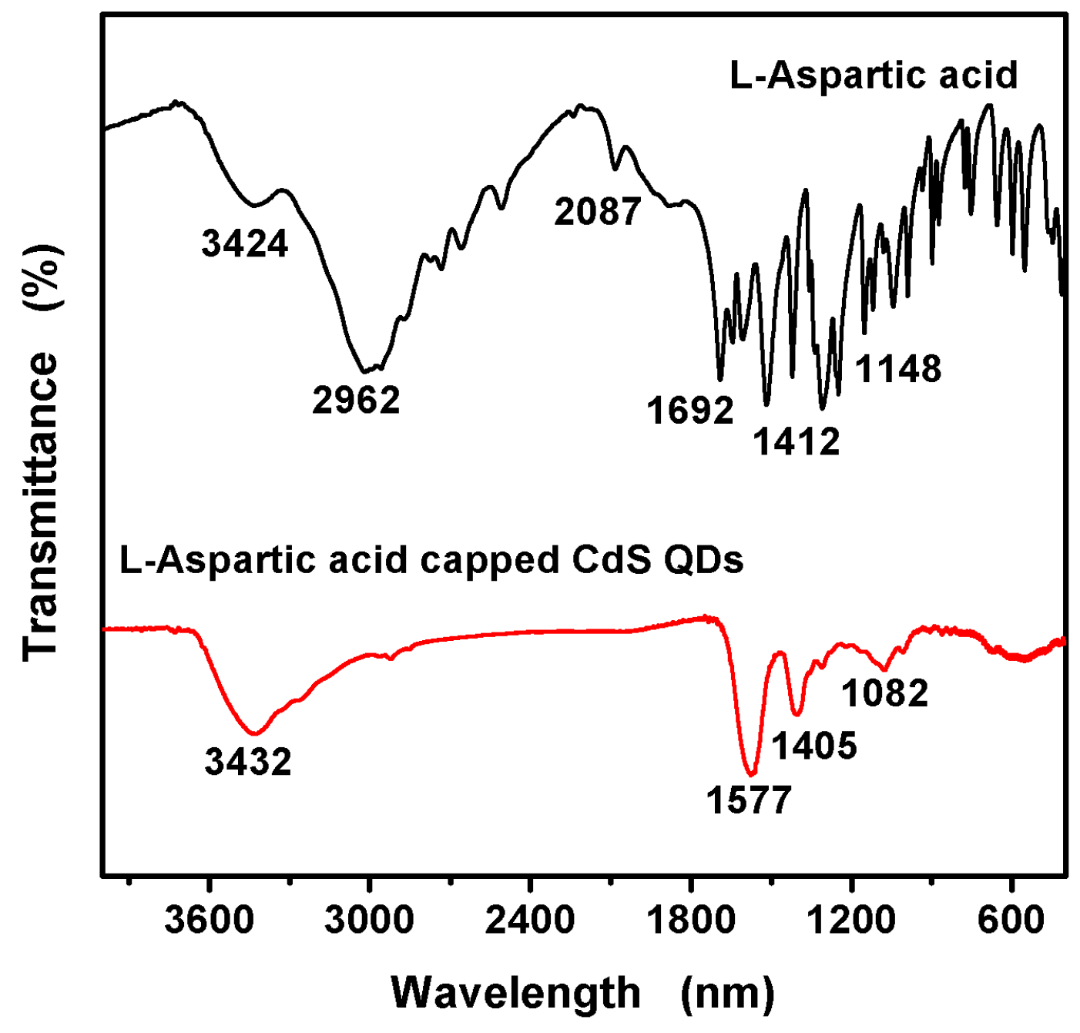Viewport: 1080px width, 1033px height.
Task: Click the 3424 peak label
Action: (x=245, y=243)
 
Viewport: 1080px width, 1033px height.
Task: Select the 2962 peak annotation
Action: (x=356, y=401)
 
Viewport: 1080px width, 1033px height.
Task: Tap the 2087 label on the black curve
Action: (x=598, y=212)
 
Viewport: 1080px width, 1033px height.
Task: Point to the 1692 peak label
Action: (x=690, y=411)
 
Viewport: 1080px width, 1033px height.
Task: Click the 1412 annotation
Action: (x=797, y=442)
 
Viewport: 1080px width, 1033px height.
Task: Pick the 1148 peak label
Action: (x=898, y=369)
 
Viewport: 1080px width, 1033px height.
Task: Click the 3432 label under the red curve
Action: (x=248, y=762)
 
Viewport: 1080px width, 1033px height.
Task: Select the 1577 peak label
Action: (x=749, y=800)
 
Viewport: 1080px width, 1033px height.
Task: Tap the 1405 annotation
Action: (x=814, y=746)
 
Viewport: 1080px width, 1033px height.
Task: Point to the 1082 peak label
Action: (x=885, y=693)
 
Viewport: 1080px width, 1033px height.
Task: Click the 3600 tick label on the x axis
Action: (x=209, y=920)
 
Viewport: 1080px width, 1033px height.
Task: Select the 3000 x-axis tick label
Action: (x=369, y=920)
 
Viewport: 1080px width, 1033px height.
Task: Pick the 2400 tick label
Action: (x=529, y=920)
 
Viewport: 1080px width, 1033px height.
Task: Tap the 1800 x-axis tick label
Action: (x=690, y=920)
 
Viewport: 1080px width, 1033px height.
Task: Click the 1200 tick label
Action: (x=850, y=920)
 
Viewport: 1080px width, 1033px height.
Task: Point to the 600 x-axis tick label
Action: (x=1011, y=920)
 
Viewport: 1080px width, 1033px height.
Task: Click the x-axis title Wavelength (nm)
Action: (x=583, y=992)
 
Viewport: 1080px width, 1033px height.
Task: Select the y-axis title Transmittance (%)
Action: (x=40, y=453)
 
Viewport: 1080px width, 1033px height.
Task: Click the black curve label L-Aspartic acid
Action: (x=874, y=75)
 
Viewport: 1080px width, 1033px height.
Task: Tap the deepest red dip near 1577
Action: (x=751, y=773)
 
